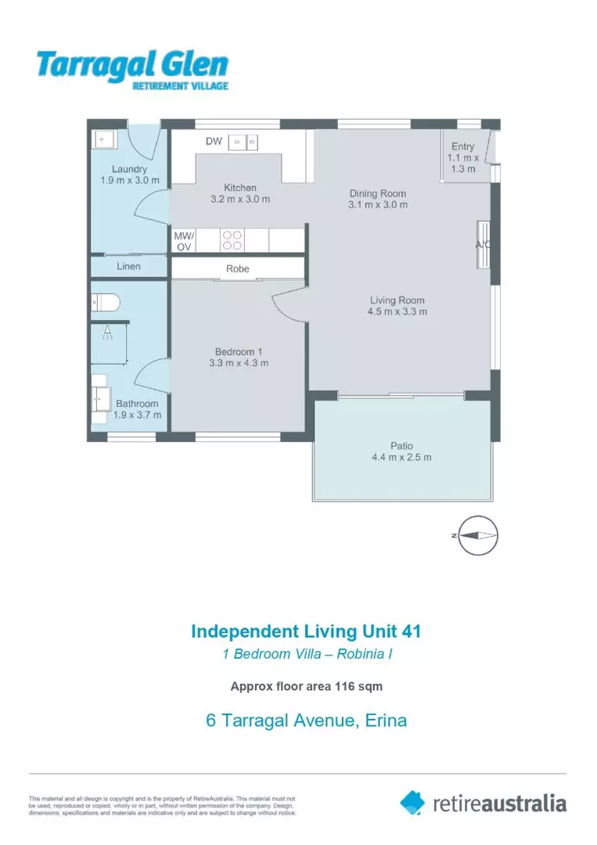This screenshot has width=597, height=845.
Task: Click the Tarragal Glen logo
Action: point(132,70)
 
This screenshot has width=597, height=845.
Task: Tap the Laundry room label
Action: point(129,169)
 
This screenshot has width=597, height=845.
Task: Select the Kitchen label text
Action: point(240,188)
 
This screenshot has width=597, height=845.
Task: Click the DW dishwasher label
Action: point(214,142)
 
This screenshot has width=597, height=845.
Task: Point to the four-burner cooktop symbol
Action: point(232,240)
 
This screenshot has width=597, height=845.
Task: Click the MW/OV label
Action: point(184,241)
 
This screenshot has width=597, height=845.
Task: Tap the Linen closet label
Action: point(129,267)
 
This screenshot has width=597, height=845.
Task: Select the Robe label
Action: point(238,268)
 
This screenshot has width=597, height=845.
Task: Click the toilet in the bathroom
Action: point(104,301)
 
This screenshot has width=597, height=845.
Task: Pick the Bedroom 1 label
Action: point(239,351)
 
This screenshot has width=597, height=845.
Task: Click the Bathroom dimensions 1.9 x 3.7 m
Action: point(138,415)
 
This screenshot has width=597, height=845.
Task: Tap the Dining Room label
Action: point(378,194)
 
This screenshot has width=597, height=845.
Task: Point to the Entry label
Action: point(462,146)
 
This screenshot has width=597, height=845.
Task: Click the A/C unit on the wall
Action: point(484,243)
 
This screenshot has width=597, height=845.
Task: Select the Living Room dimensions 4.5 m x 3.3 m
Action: point(397,311)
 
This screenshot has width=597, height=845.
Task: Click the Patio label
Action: point(401,446)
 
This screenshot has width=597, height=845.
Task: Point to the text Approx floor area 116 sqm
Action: point(307,687)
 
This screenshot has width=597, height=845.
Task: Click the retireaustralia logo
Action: point(483,803)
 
